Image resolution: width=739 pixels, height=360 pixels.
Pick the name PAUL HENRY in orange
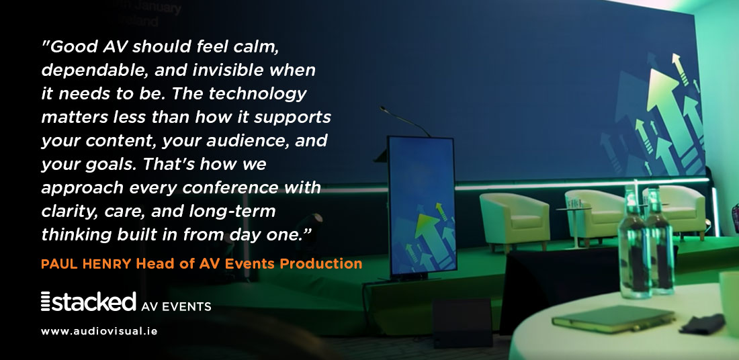pos(86,264)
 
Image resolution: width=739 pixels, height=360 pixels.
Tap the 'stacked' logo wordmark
pos(94,302)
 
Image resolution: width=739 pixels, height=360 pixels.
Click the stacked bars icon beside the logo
pos(46,302)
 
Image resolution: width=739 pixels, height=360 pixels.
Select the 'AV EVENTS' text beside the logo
pos(177,307)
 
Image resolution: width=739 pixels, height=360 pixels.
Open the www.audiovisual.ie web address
pos(99,332)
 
